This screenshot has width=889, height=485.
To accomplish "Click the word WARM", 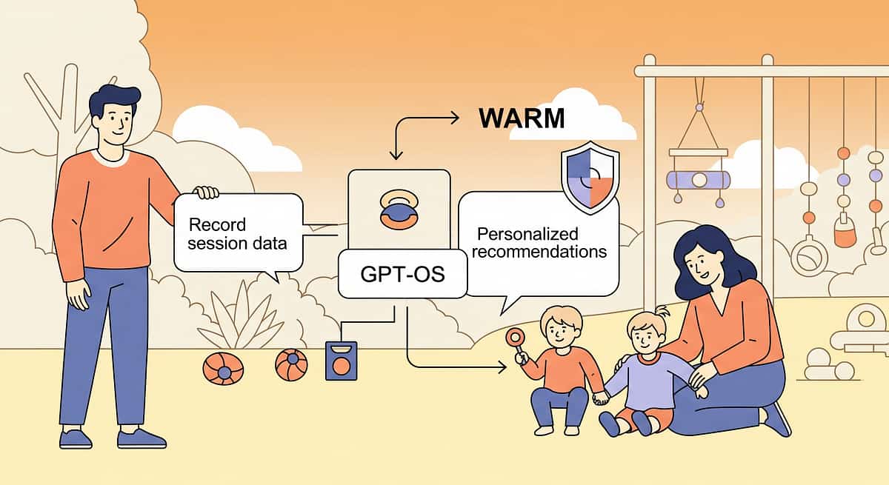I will [521, 118].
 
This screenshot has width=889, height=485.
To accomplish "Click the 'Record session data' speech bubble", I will [237, 233].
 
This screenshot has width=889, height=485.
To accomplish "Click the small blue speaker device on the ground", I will [341, 361].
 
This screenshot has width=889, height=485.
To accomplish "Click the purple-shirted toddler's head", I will [643, 333].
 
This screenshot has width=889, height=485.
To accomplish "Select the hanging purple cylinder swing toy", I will [698, 179].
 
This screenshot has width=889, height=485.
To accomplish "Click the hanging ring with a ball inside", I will [809, 256].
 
